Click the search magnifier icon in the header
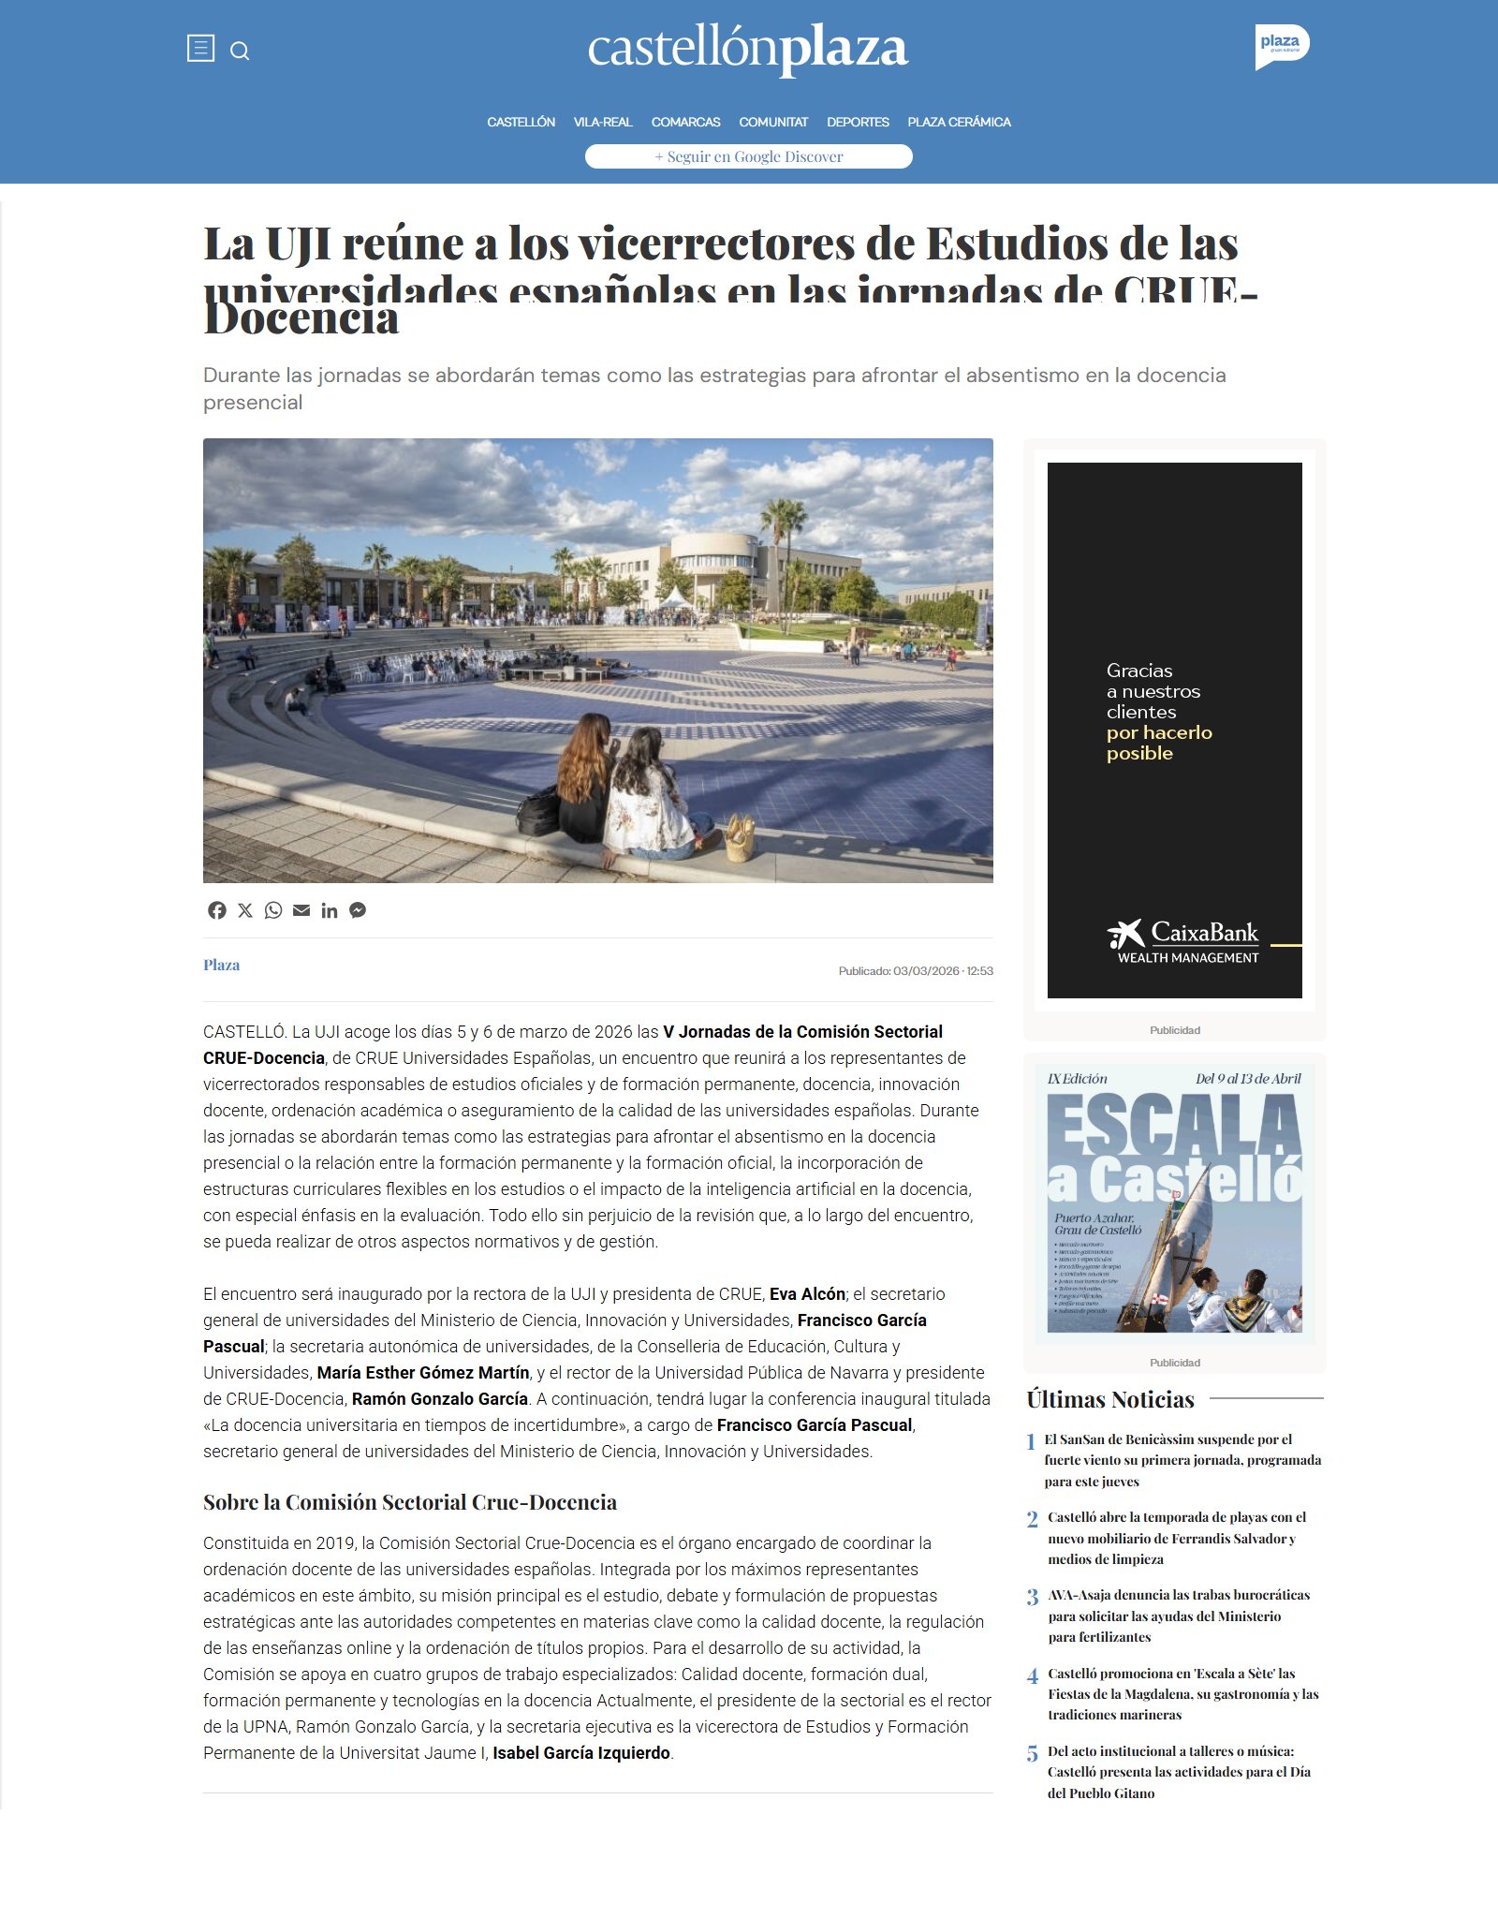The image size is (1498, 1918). [x=240, y=51]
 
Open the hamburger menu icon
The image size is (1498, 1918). [x=200, y=48]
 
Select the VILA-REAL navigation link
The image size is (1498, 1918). [x=603, y=122]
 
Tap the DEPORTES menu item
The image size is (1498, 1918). [x=858, y=122]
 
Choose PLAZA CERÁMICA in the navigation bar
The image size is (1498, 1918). [x=959, y=122]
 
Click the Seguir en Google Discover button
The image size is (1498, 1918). [x=748, y=156]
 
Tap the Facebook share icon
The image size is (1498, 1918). [x=217, y=910]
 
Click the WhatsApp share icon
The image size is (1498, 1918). [x=273, y=910]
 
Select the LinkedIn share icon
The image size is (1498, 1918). [x=330, y=910]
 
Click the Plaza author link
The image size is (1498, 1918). [x=222, y=965]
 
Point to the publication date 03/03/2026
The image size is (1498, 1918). [x=926, y=971]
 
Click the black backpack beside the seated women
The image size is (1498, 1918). [x=539, y=811]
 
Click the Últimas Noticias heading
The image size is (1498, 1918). [x=1110, y=1399]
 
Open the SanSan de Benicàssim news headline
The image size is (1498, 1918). [x=1182, y=1460]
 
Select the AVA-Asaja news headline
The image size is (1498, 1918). [x=1179, y=1616]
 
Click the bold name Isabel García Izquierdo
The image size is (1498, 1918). [x=581, y=1753]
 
